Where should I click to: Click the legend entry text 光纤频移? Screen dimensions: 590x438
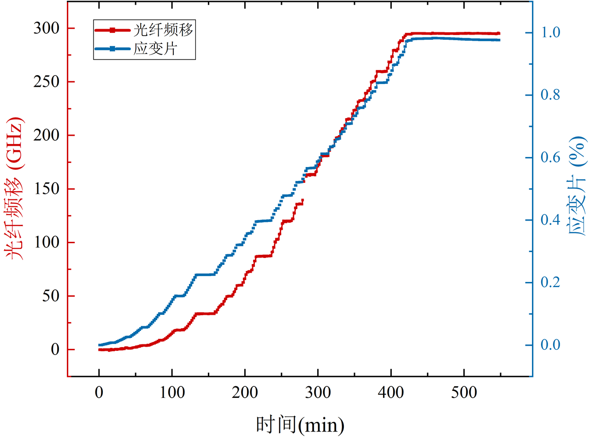(x=163, y=30)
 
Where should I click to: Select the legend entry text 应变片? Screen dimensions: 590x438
(x=155, y=49)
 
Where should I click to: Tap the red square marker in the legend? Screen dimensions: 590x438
(x=113, y=30)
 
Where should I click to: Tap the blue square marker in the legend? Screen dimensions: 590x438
(x=113, y=49)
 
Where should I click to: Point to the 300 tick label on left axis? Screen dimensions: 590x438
(x=46, y=28)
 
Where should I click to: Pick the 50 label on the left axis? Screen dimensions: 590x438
(x=51, y=296)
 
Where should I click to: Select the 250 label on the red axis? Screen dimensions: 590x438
(x=46, y=82)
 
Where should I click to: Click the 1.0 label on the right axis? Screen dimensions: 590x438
(x=550, y=32)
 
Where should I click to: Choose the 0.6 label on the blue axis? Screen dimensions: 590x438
(x=550, y=157)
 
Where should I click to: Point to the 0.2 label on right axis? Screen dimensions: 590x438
(x=550, y=282)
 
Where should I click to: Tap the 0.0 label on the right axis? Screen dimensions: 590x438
(x=550, y=345)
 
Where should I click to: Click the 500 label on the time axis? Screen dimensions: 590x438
(x=464, y=393)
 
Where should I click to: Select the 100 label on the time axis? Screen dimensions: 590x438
(x=172, y=393)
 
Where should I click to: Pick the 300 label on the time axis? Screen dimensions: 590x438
(x=318, y=393)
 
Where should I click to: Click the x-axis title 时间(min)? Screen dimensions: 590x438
(x=300, y=425)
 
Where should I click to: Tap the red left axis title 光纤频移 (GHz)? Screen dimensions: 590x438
(x=14, y=188)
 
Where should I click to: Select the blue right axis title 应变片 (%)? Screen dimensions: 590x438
(x=577, y=186)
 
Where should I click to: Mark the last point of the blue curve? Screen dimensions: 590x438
(x=499, y=40)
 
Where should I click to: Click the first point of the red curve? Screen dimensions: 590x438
(x=100, y=349)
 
